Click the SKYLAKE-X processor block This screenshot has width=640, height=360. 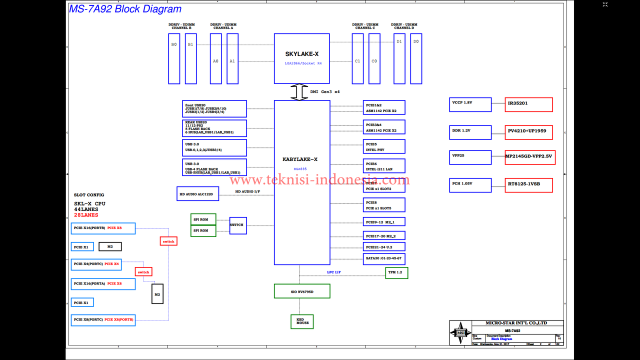click(301, 58)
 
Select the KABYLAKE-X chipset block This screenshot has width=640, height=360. click(301, 182)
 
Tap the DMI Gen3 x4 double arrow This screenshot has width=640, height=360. click(299, 92)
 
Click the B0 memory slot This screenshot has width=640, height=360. click(174, 58)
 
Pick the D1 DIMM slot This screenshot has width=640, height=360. click(399, 58)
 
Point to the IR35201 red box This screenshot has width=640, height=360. click(528, 104)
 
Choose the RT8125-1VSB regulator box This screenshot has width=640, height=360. click(528, 185)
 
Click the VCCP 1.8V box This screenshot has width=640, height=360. click(470, 104)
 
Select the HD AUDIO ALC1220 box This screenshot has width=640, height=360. click(197, 193)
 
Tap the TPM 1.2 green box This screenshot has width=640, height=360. click(396, 272)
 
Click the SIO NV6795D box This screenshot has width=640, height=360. click(301, 291)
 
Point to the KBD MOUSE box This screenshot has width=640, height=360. click(302, 321)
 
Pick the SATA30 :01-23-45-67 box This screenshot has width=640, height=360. click(384, 259)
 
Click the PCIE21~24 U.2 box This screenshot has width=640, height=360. click(384, 246)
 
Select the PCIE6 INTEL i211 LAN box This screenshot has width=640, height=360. click(384, 166)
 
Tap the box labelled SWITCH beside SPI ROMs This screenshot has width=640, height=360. click(237, 225)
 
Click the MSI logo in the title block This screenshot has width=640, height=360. click(460, 333)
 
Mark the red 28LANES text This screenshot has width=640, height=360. click(86, 215)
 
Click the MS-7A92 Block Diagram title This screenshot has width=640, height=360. click(125, 9)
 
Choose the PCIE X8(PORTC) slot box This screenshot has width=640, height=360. click(103, 320)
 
